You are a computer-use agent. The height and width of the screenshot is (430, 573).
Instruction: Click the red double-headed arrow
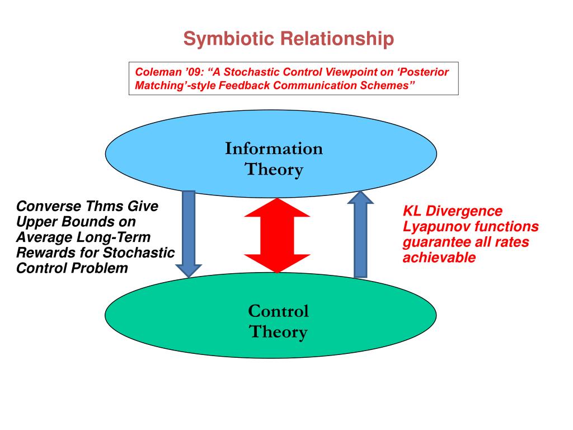click(x=277, y=236)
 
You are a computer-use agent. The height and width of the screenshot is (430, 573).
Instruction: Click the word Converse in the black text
click(x=43, y=206)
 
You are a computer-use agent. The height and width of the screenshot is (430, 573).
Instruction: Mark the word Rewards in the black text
click(x=42, y=253)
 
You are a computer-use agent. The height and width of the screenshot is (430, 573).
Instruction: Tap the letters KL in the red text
click(x=412, y=212)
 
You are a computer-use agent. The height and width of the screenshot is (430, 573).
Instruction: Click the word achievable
click(x=439, y=258)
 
